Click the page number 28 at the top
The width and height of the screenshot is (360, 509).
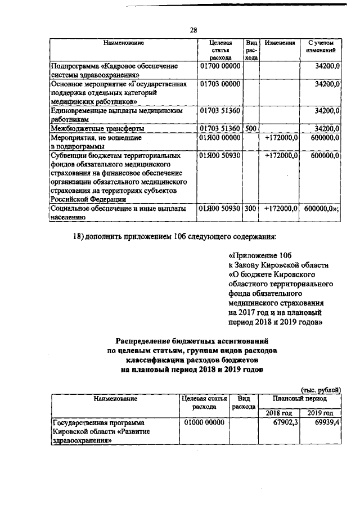click(193, 30)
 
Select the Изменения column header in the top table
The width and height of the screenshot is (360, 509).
click(280, 43)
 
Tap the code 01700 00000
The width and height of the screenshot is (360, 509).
click(220, 66)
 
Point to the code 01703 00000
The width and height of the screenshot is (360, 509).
click(220, 84)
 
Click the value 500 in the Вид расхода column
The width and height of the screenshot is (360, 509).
click(251, 128)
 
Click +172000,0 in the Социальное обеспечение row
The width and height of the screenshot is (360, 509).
click(280, 208)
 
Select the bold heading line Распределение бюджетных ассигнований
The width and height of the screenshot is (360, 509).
click(191, 341)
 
